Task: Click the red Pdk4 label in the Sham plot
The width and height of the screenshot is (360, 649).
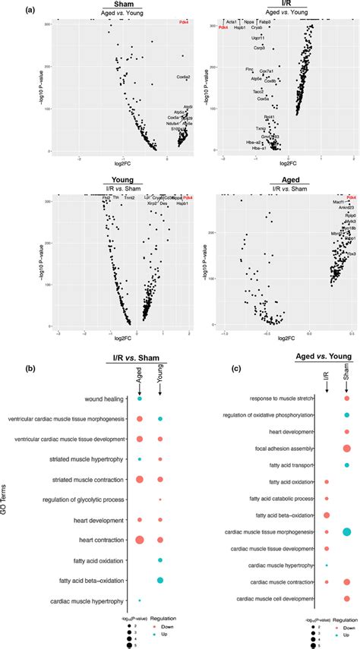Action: coord(182,22)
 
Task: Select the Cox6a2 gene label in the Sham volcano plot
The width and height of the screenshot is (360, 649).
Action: coord(183,77)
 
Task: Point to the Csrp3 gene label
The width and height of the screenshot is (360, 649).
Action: coord(258,48)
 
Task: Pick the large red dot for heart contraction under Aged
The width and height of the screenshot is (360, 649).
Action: coord(140,540)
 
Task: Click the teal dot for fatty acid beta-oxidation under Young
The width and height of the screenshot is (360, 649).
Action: coord(160,581)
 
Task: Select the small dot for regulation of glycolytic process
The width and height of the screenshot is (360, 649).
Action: coord(160,499)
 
